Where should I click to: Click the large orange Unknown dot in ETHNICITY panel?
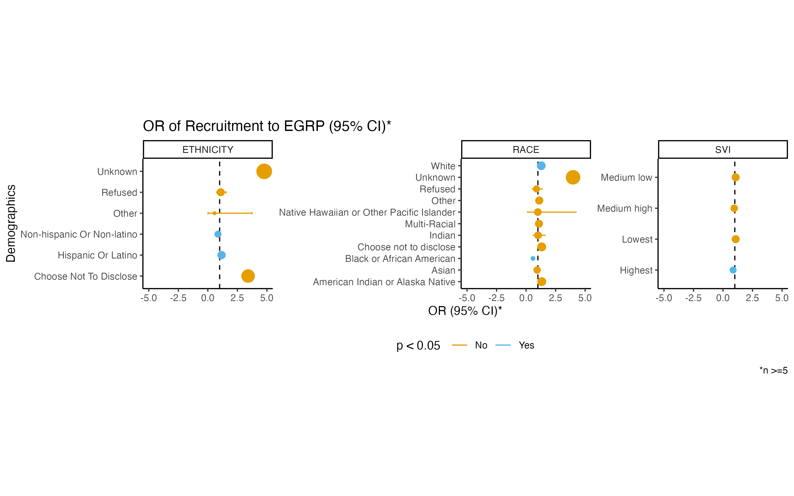[x=264, y=171]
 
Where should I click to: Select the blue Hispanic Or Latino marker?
[x=222, y=255]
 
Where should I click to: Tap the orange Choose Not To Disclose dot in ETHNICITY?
[x=248, y=276]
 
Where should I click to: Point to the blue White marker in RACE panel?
[x=541, y=166]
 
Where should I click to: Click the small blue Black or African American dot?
[x=533, y=258]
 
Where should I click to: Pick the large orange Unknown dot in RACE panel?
[x=573, y=177]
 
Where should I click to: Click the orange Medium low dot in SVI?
[x=736, y=177]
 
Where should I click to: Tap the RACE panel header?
[x=526, y=149]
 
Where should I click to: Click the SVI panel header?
[x=723, y=149]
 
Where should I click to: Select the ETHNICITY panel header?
[x=208, y=149]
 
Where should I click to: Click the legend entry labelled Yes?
[x=526, y=345]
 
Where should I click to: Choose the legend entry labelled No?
[x=481, y=345]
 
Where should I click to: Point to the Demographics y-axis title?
[x=11, y=223]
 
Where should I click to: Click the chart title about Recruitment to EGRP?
[x=267, y=126]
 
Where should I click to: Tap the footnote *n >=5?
[x=773, y=370]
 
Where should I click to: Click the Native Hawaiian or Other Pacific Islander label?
[x=367, y=212]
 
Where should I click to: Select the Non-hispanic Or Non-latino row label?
[x=79, y=234]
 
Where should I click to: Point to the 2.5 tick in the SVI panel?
[x=752, y=298]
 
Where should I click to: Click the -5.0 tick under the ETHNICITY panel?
[x=149, y=298]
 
